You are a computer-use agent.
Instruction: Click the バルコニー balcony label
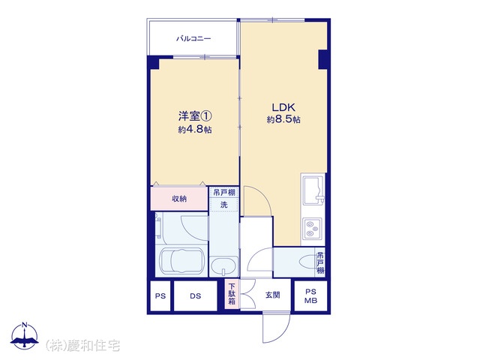tap(193, 39)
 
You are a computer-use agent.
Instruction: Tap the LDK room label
tap(283, 107)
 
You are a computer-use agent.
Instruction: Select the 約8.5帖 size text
tap(283, 119)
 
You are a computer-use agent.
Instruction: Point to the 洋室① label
tap(195, 116)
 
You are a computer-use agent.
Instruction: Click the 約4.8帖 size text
tap(195, 130)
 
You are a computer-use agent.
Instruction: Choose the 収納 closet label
tap(179, 199)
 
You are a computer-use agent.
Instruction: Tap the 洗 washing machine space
tap(223, 205)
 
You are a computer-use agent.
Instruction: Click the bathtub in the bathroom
tap(181, 260)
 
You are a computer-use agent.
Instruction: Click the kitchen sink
tap(313, 191)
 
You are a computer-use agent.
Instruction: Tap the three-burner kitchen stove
tap(312, 229)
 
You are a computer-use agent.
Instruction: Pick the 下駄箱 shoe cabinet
tap(232, 295)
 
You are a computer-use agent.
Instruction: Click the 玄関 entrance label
tap(272, 295)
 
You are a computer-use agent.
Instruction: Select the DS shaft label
tap(195, 296)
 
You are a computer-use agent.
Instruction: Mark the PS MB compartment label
tap(310, 296)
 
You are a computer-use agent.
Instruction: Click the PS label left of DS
tap(160, 296)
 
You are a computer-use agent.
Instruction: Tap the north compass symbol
tap(25, 335)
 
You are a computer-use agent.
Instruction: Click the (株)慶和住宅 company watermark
tap(82, 345)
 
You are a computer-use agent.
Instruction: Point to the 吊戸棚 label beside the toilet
tap(320, 262)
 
